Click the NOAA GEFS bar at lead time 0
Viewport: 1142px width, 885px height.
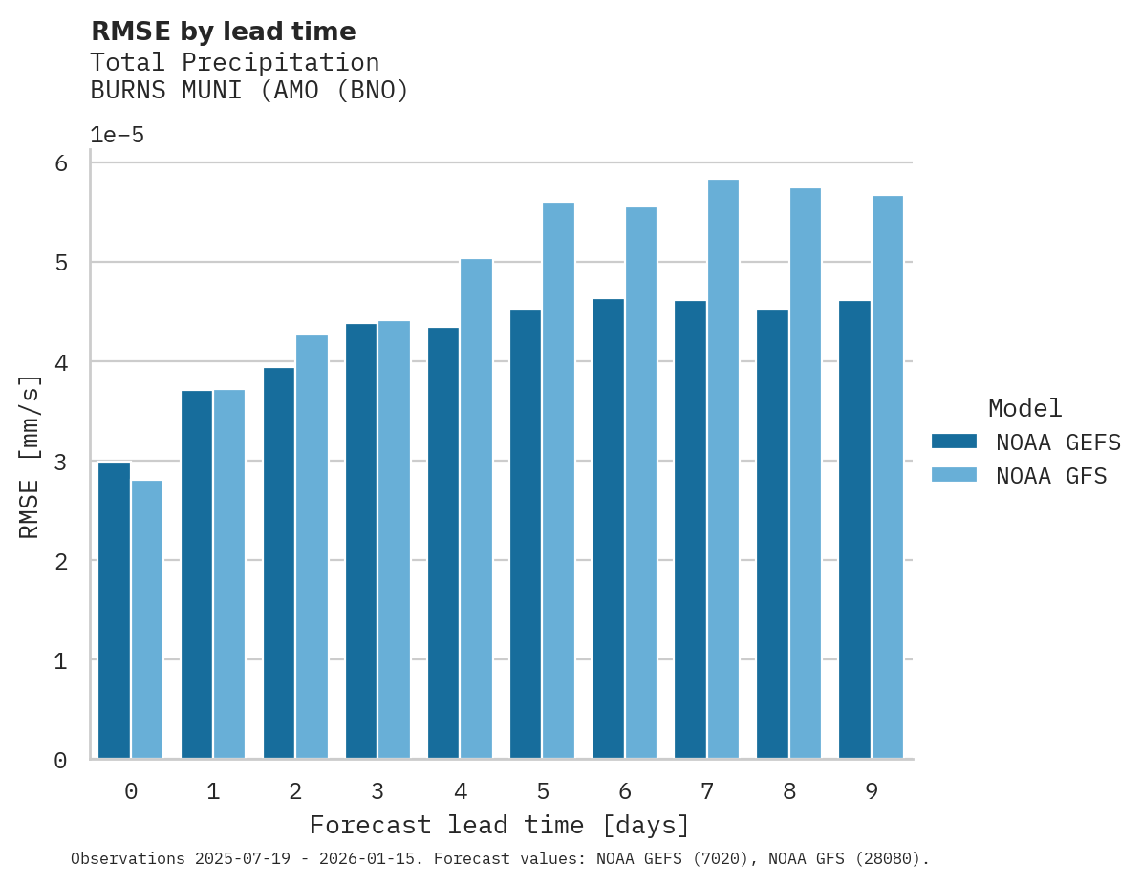(x=115, y=611)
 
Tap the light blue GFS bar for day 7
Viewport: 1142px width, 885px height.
(x=722, y=469)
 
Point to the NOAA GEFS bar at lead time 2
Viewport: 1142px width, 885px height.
(x=279, y=563)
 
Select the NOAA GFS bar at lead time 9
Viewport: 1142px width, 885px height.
(x=887, y=477)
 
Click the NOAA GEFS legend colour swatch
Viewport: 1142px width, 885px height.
(x=954, y=441)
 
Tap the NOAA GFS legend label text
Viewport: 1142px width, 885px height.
(x=1051, y=476)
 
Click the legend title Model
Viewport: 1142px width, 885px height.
(x=1024, y=408)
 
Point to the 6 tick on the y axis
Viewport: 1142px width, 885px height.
(x=60, y=163)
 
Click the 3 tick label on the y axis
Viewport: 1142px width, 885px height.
(x=60, y=462)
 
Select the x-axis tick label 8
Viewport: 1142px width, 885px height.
(x=788, y=791)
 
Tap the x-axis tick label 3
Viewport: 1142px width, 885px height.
(x=377, y=791)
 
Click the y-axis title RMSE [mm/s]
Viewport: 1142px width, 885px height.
(x=30, y=458)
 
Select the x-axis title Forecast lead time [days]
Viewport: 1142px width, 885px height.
(x=499, y=825)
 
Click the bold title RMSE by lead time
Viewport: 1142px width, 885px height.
(x=223, y=32)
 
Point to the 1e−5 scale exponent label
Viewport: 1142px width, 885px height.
(x=117, y=135)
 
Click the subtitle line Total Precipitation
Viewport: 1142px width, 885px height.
(x=234, y=63)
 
